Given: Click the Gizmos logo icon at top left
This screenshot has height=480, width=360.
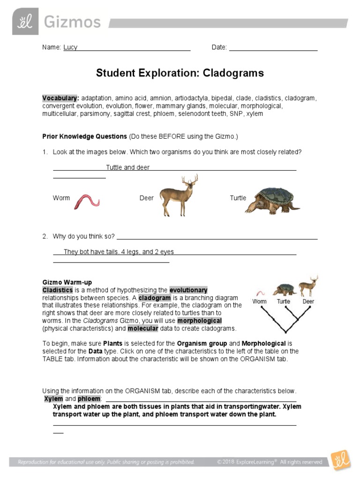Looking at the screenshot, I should (x=25, y=22).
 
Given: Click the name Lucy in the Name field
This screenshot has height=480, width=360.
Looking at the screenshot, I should (x=70, y=47).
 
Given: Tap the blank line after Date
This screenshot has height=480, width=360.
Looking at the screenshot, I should (x=273, y=47).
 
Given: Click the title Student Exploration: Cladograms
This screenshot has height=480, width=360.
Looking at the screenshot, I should (x=180, y=73).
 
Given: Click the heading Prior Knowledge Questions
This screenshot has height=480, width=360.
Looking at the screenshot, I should (x=84, y=136).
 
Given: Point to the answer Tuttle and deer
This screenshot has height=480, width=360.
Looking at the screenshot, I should (x=127, y=167).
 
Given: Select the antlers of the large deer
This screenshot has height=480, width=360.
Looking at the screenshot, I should (x=189, y=180).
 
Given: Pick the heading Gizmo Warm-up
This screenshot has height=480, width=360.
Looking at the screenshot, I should (x=67, y=282).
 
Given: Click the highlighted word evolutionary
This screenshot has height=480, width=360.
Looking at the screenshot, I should (x=188, y=290).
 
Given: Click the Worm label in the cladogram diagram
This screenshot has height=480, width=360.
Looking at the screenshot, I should (x=259, y=302).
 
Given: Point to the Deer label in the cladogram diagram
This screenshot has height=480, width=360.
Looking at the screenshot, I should (x=308, y=302).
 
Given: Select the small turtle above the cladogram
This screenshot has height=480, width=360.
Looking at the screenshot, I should (x=284, y=289).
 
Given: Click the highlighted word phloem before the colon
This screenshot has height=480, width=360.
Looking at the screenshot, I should (x=89, y=398).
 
